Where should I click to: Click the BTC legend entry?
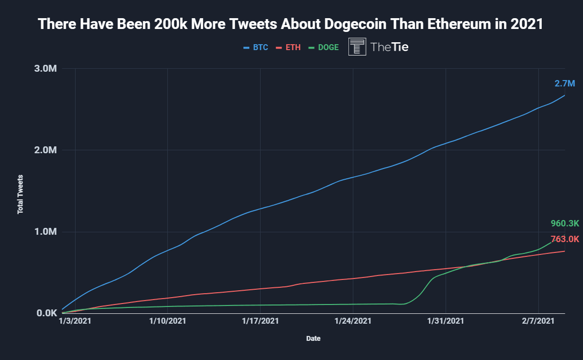256,48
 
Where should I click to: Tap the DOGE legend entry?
323,48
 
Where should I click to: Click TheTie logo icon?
357,47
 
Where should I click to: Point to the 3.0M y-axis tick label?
47,68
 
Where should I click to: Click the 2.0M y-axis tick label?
47,150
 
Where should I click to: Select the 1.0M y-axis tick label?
47,231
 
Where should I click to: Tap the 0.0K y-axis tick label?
48,313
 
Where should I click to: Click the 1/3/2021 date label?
75,321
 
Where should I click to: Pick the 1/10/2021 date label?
167,321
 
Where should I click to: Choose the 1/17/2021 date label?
260,321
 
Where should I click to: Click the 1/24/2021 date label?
353,321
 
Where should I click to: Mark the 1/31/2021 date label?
446,321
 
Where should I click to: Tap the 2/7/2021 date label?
538,321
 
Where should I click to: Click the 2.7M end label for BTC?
564,83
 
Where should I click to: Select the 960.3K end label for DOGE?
565,224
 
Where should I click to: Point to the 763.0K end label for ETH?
565,239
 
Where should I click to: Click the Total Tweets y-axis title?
21,194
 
